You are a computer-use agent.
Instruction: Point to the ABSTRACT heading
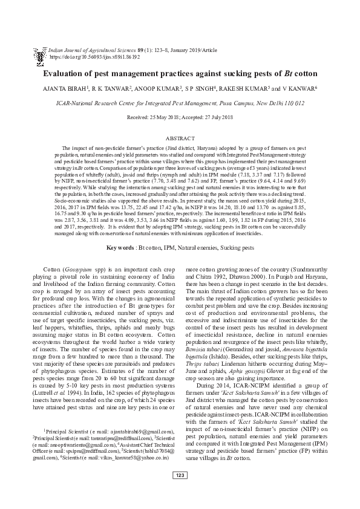click(x=180, y=138)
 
